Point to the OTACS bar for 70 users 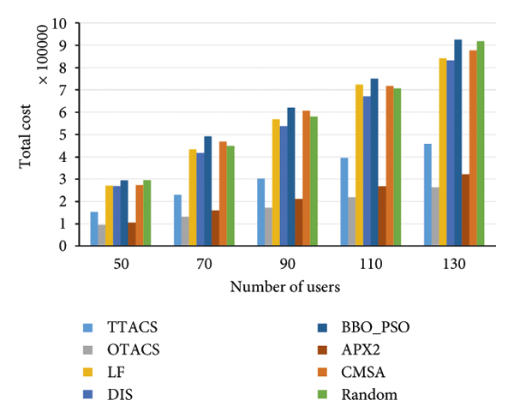pos(185,231)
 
